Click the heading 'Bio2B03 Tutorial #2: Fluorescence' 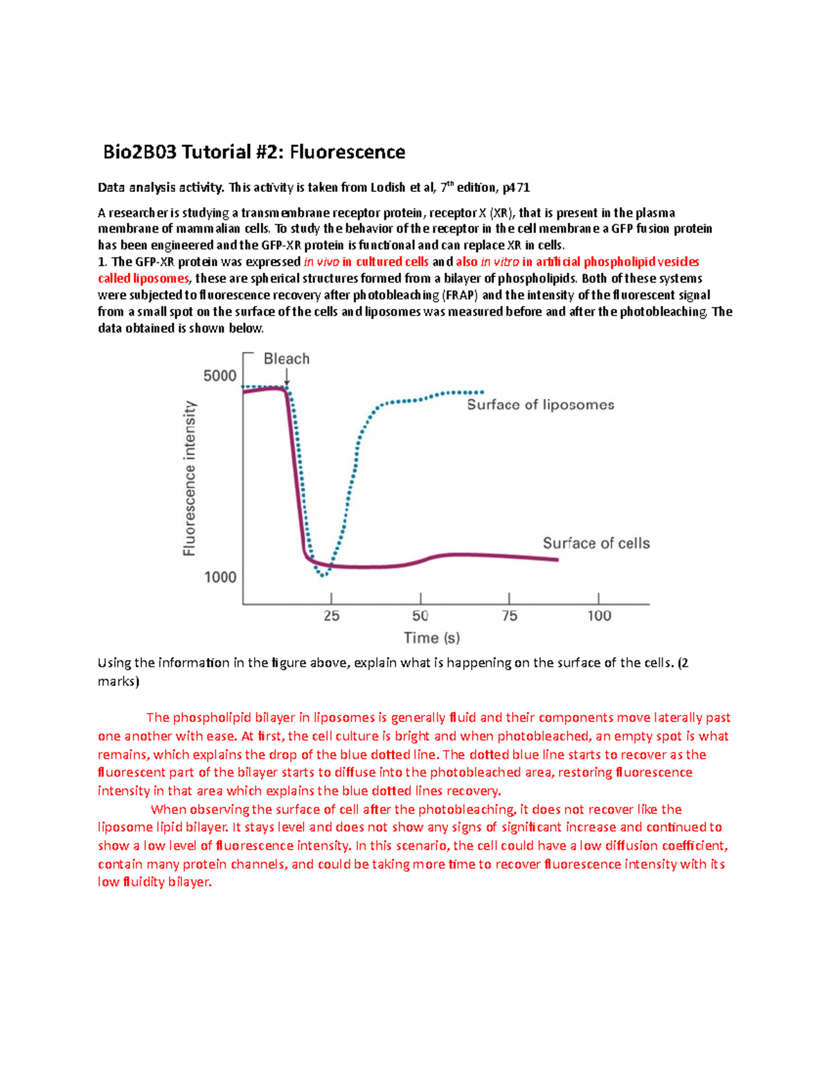(254, 152)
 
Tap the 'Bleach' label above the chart (287, 359)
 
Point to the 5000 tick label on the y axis (220, 376)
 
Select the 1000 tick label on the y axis (220, 577)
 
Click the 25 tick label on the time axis (332, 616)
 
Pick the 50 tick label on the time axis (420, 616)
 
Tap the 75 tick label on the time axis (509, 616)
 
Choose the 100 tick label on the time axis (599, 616)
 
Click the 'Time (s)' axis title (432, 638)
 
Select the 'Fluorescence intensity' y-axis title (189, 479)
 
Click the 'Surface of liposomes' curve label (540, 405)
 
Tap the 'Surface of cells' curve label (596, 543)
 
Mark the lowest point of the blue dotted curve (323, 574)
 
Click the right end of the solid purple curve (557, 559)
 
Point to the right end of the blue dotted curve (482, 392)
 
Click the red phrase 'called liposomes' (143, 279)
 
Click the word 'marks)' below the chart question (118, 681)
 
